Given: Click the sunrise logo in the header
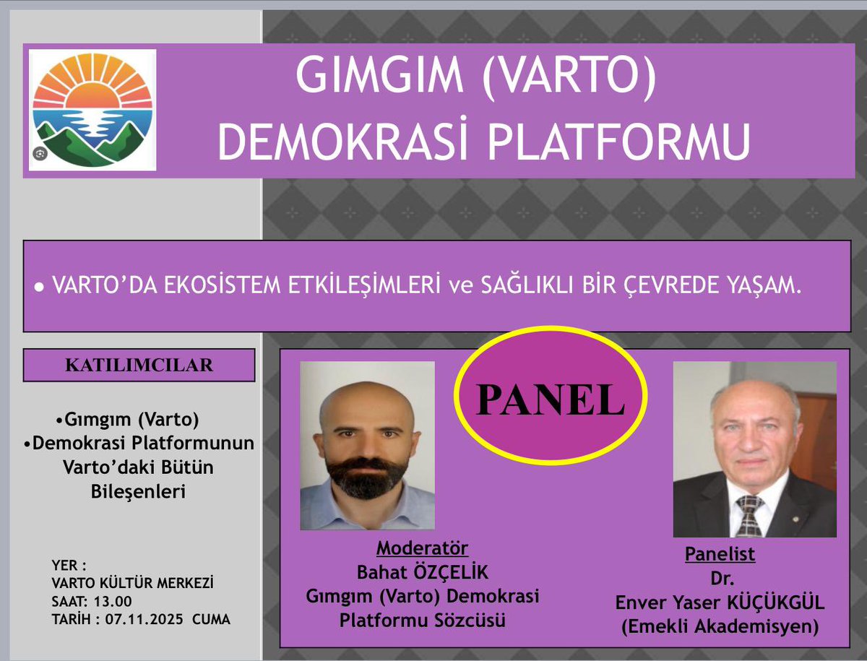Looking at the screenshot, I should click(92, 109).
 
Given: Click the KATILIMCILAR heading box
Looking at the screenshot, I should click(139, 366).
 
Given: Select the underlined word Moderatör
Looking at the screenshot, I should click(422, 548).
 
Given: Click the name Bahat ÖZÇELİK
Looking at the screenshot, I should click(423, 573).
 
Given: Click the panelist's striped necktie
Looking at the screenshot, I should click(749, 514).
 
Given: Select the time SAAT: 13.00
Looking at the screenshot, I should click(92, 601).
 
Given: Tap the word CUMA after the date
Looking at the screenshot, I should click(211, 620).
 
